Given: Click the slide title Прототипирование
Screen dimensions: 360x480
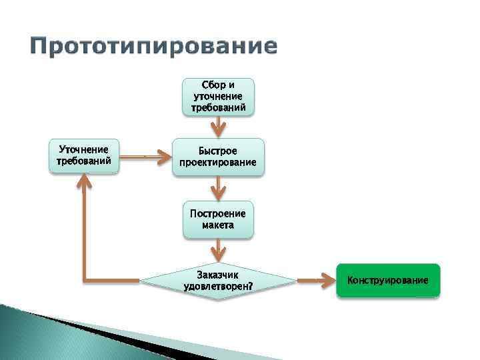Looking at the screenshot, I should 153,47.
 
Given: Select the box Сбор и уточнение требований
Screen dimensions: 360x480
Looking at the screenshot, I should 218,97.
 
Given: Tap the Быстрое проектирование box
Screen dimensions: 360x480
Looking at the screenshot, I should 218,157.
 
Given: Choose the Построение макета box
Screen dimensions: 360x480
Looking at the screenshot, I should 218,219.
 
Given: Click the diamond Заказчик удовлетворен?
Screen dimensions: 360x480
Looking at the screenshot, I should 218,281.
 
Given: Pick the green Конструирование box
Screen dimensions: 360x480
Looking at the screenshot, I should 388,281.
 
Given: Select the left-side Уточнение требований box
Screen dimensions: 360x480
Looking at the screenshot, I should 84,155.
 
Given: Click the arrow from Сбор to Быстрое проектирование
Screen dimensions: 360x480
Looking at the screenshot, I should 218,127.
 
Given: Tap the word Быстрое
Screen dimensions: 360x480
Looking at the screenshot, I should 218,151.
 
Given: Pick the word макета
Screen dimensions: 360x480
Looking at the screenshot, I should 218,225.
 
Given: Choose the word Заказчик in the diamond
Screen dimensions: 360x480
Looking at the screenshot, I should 218,275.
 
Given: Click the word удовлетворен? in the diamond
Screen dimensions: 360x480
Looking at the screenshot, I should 218,287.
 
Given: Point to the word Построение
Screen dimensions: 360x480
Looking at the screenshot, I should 218,214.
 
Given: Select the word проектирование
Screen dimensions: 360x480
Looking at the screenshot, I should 218,163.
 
